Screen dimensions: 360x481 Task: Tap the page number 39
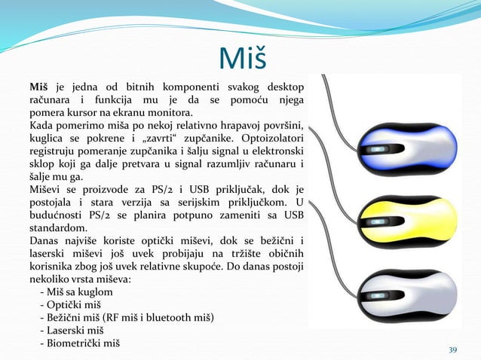(x=452, y=349)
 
